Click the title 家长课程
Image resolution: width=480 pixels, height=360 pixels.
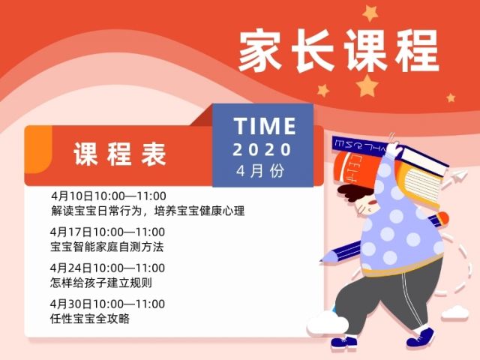[339, 50]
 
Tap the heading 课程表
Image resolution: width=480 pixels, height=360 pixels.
[120, 154]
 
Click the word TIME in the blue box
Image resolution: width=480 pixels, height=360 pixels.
[265, 126]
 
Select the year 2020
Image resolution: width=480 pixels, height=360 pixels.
[262, 150]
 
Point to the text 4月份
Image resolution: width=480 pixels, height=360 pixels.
[260, 171]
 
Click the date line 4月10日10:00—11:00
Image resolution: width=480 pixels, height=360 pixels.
[109, 196]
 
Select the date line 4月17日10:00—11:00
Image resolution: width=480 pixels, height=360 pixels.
[107, 232]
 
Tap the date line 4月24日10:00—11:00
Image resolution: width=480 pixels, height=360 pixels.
[107, 268]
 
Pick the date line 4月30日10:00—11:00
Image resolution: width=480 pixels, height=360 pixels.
[107, 304]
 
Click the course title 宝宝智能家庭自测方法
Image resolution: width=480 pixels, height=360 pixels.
[106, 247]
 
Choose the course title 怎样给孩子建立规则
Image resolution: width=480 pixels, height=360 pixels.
[101, 283]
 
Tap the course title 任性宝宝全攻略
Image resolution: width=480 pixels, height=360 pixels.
[90, 319]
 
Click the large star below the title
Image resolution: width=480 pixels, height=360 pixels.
[367, 86]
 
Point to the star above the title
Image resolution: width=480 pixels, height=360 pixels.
[370, 13]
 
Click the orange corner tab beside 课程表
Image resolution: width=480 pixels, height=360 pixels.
[38, 149]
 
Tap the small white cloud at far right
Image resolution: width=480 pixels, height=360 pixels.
[455, 313]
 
